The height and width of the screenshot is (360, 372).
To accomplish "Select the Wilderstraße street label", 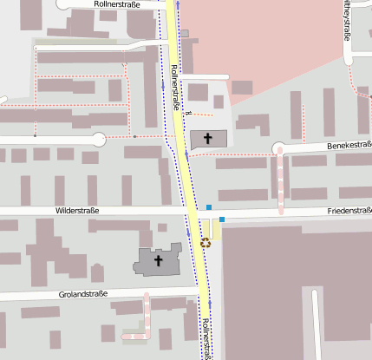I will coord(77,211).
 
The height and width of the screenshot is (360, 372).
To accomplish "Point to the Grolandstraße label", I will coord(83,294).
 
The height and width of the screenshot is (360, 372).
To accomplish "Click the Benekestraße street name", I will coord(349,146).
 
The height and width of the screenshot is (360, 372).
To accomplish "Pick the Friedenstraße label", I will coord(349,211).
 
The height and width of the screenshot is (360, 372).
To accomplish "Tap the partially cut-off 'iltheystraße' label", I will coord(348,21).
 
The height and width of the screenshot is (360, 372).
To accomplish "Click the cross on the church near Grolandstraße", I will coord(159,259).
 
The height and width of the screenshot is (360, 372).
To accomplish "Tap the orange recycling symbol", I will coord(206,243).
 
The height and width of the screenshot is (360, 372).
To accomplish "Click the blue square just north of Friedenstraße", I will coord(209,206).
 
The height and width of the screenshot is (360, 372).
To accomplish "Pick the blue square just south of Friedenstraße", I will coord(223,219).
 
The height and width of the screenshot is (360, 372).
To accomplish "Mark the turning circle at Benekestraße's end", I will coord(279,149).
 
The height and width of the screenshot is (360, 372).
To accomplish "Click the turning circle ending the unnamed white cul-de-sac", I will coord(99,139).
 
